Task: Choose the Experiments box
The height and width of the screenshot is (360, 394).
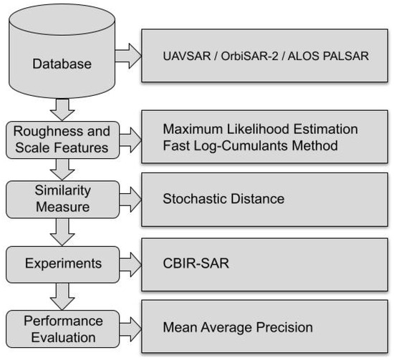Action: coord(62,264)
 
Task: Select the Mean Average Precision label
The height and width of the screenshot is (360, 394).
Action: coord(238,328)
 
